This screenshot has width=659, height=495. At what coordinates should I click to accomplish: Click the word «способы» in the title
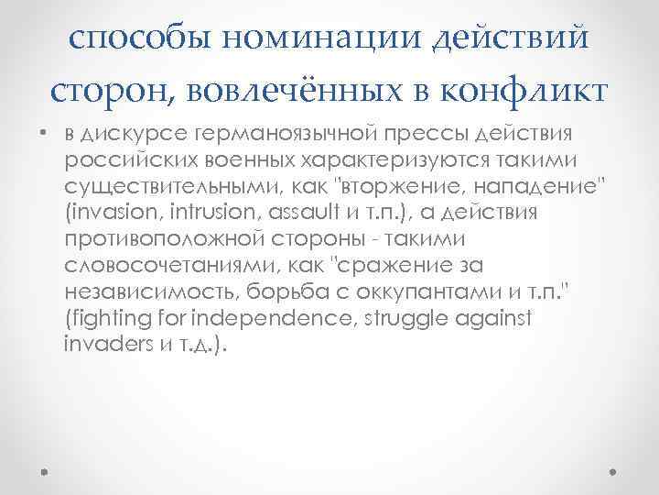coord(129,38)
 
